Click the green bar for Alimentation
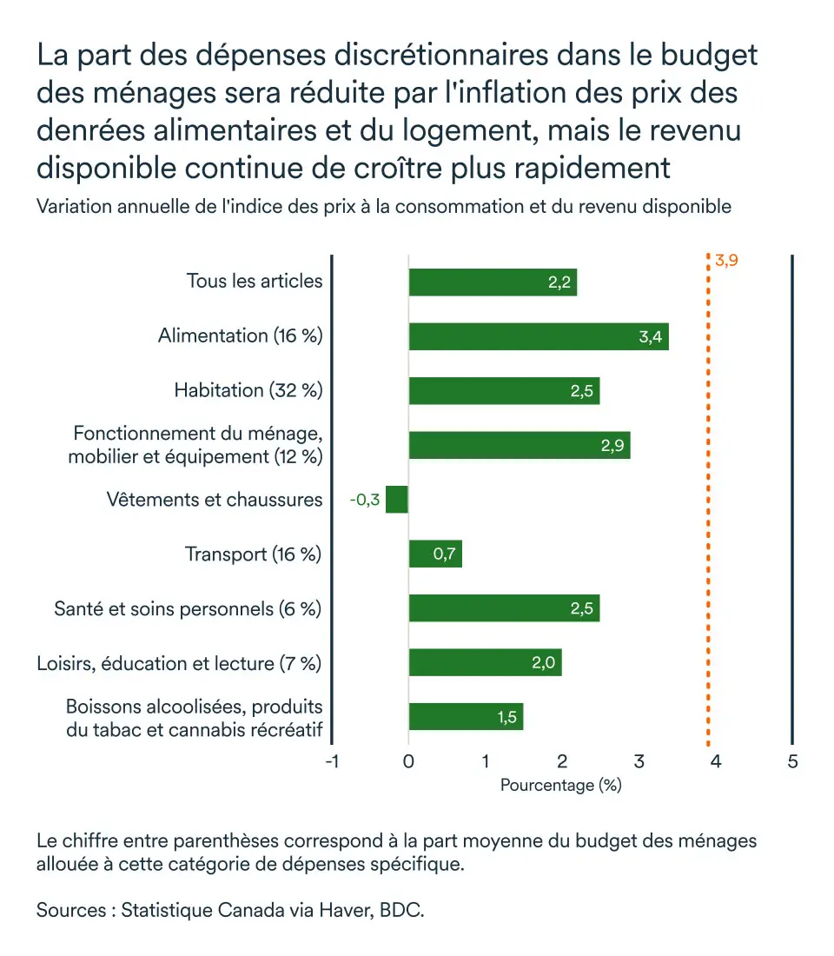(x=539, y=336)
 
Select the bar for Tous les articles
(x=493, y=282)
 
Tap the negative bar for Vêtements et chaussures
(x=397, y=500)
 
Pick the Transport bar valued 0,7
(x=435, y=554)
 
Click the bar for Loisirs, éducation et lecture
(x=485, y=662)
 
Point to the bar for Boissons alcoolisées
(x=466, y=717)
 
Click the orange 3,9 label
(x=726, y=260)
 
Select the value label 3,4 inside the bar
(x=651, y=337)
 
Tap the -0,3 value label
(x=365, y=501)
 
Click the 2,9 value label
(x=612, y=446)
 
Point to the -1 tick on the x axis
(x=331, y=762)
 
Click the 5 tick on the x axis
(x=792, y=762)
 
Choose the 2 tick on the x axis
(x=562, y=762)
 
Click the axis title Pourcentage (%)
(x=561, y=785)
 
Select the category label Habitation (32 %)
(x=248, y=390)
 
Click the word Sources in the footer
(x=69, y=912)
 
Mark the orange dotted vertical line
(x=709, y=521)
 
